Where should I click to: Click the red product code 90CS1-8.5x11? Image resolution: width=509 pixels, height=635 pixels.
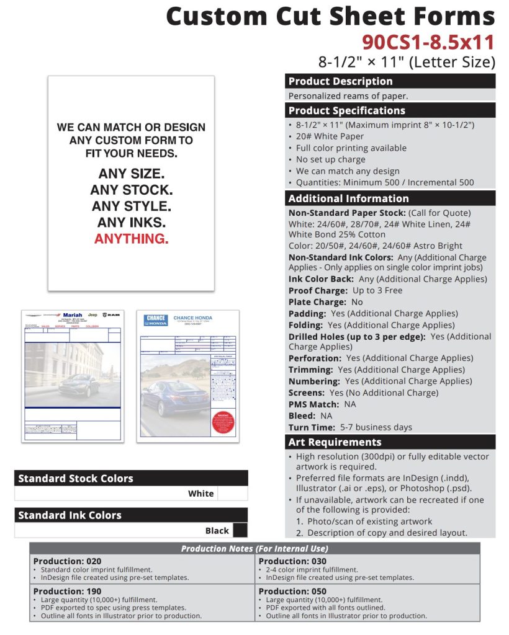point(428,42)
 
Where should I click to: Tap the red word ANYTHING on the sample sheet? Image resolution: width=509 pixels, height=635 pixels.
point(131,239)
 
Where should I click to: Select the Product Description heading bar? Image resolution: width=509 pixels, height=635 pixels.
point(390,81)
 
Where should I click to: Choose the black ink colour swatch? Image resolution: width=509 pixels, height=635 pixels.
point(240,531)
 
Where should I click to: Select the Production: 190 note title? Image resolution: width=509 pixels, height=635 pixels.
point(67,591)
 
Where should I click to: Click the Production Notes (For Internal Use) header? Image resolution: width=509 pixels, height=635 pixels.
point(254,549)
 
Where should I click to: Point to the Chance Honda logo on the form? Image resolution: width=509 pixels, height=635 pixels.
point(156,320)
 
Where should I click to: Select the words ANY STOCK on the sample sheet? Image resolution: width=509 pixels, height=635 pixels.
point(131,190)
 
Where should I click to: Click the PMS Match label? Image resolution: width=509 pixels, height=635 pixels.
point(314,404)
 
